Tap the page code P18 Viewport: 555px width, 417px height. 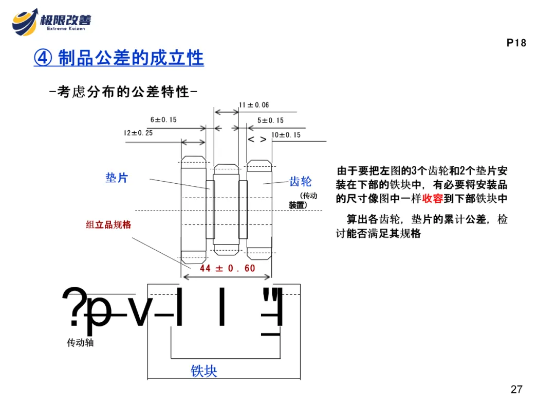click(x=516, y=43)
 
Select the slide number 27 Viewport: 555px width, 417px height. click(x=516, y=389)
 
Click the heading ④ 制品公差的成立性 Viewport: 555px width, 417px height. click(x=119, y=58)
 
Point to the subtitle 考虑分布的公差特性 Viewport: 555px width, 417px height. click(x=123, y=92)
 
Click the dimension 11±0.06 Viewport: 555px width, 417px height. click(x=254, y=105)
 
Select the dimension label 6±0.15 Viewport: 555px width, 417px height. click(x=163, y=119)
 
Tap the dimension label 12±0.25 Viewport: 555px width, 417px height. click(x=138, y=133)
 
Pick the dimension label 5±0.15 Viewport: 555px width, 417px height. click(x=270, y=120)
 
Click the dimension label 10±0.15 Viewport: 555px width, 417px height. click(x=286, y=135)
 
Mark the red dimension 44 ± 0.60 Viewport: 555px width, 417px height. click(x=228, y=268)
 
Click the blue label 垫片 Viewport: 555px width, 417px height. click(x=117, y=178)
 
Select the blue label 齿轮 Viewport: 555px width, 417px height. click(x=300, y=181)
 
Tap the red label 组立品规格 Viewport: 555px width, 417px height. click(x=108, y=225)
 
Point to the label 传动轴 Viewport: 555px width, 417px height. click(x=80, y=342)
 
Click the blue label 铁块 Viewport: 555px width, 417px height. click(x=204, y=371)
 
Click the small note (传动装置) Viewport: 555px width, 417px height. click(x=303, y=200)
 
